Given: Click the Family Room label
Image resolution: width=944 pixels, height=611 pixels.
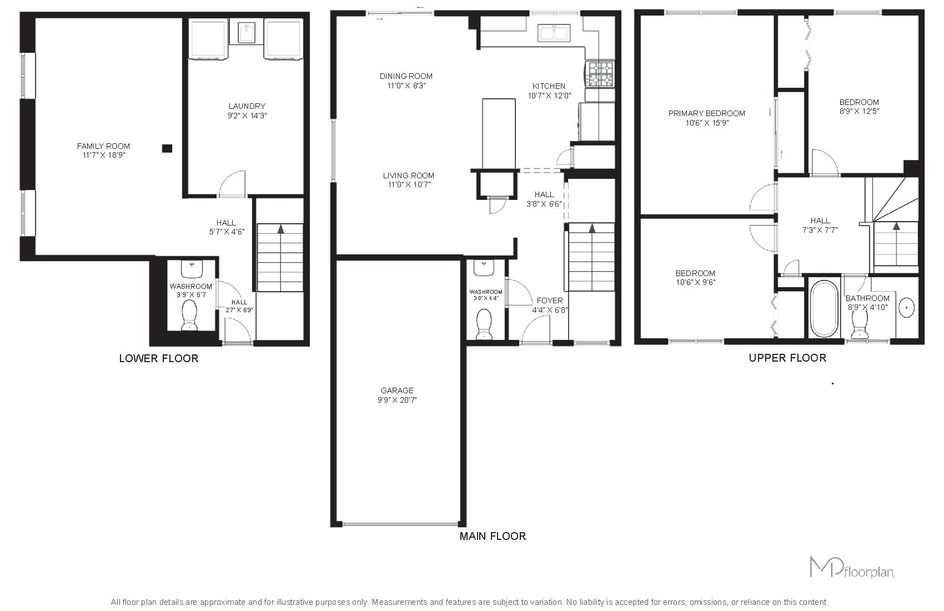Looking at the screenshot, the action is pos(103,146).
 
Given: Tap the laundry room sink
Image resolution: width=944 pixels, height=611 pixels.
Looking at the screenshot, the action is pos(247,32).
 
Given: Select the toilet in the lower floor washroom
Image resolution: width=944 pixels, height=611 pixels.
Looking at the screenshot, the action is pos(189,315).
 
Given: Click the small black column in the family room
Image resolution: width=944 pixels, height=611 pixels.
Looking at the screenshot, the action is pos(167,148).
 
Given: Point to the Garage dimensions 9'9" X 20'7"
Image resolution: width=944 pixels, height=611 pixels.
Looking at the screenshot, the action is pos(397,400).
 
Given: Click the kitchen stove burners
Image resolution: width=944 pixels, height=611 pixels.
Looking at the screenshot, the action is pos(601,74).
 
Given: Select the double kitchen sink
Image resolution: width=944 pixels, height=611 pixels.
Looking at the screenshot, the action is pos(554,33).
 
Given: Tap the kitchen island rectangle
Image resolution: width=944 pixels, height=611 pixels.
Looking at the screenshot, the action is pos(499,134).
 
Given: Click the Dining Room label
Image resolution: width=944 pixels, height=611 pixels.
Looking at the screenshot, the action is pos(406,76).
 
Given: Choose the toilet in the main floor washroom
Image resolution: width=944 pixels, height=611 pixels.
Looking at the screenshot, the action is pos(484,324).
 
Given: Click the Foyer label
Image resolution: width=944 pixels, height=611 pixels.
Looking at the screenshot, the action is pos(550,301).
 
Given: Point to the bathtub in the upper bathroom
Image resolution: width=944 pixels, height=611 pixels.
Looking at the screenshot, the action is pos(824,309).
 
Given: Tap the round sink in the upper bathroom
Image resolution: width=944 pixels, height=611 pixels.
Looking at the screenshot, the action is pos(906,307).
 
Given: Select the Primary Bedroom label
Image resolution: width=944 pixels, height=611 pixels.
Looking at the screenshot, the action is pos(707,113).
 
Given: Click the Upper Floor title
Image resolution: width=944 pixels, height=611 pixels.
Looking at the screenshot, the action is pos(787,358).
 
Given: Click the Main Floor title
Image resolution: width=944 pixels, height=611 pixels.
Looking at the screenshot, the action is pos(493,537).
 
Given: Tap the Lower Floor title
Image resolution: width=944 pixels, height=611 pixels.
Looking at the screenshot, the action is pos(158,358).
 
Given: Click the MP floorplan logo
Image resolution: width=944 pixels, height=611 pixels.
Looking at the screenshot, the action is pos(852,568).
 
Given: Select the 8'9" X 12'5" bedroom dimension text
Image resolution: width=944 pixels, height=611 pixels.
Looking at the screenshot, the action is pos(859,111).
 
